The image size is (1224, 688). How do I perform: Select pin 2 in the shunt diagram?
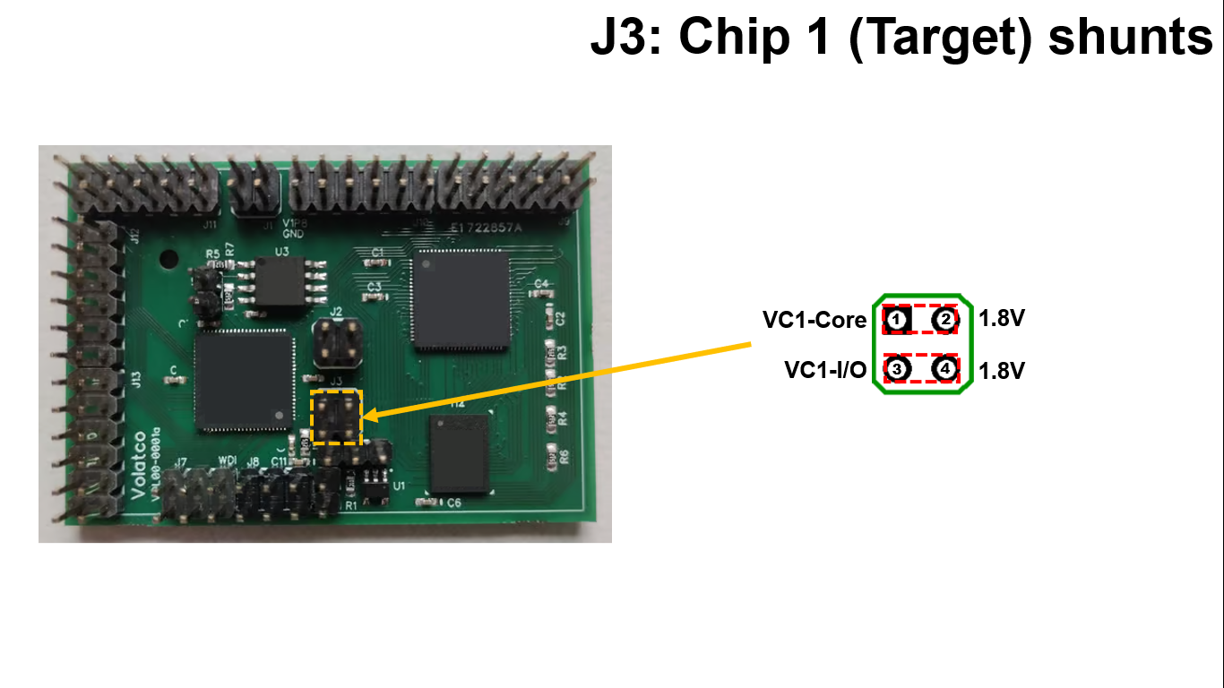coord(944,320)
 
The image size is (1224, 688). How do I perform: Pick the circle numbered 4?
coord(944,369)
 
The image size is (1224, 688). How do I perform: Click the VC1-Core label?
coord(815,320)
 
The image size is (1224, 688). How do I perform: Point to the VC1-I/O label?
coord(825,370)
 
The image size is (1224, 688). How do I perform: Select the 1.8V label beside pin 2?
coord(1001,319)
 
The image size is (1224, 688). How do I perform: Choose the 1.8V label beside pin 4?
coord(1001,370)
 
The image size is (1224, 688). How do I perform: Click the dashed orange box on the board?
coord(336,417)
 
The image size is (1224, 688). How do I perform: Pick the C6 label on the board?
coord(454,503)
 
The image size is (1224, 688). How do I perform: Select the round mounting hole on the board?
coord(167,260)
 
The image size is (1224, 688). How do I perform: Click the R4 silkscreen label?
coord(563,418)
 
